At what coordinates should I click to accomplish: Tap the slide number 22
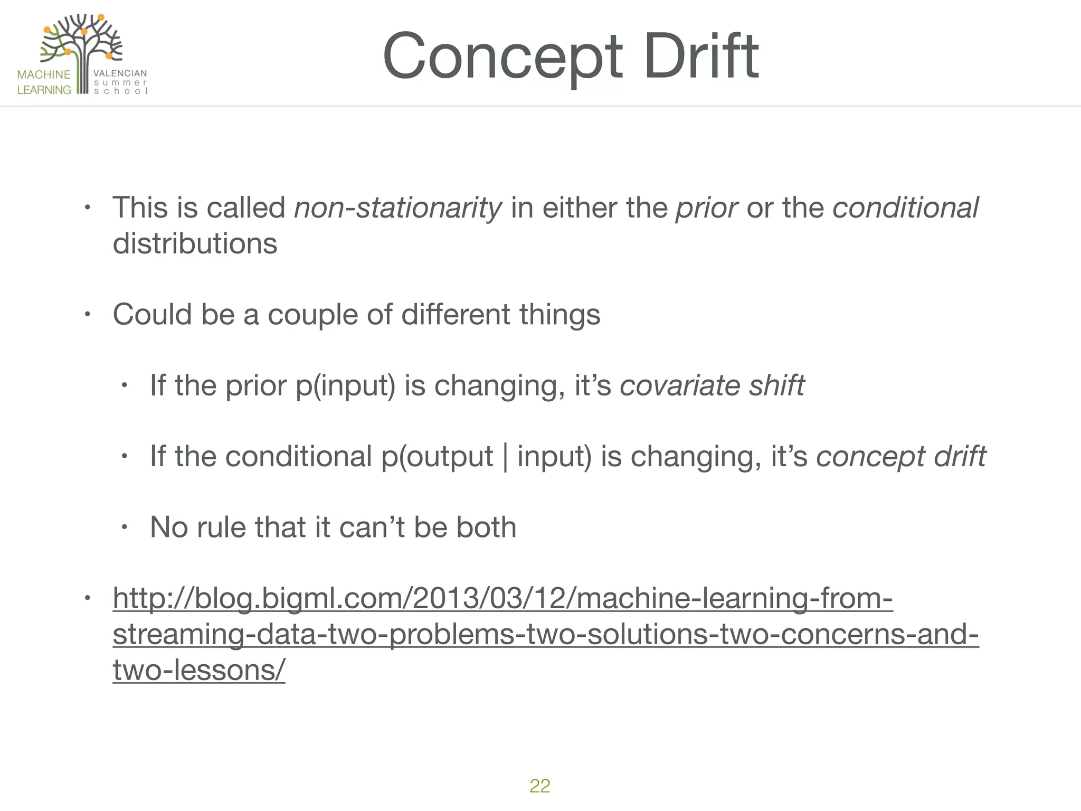539,786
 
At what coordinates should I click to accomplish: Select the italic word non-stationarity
397,208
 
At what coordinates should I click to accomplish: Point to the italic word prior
706,208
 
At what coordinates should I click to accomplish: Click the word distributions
195,243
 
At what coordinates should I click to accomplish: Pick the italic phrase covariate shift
712,385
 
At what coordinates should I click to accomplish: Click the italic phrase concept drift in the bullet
900,456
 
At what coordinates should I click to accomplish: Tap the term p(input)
345,386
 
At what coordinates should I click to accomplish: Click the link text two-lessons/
199,670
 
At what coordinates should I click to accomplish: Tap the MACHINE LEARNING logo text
44,82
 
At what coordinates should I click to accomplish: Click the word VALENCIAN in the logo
120,73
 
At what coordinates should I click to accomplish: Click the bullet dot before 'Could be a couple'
88,315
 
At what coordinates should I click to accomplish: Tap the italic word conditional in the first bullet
905,208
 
